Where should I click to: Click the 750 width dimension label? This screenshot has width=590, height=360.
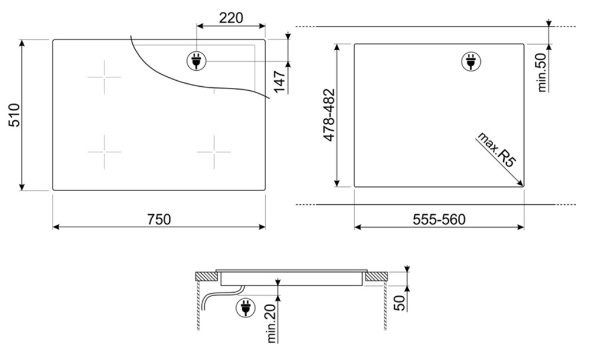[159, 219]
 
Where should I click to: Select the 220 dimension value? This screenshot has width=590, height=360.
[231, 18]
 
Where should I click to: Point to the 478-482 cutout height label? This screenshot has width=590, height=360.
[329, 114]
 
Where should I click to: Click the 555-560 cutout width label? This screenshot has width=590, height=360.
[438, 220]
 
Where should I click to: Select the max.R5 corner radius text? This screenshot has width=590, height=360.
[495, 152]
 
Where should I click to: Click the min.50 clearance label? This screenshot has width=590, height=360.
[543, 72]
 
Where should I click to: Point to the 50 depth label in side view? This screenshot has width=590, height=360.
[400, 300]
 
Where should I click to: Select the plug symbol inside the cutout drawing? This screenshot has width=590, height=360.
[470, 60]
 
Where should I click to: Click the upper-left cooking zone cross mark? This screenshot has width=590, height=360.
[104, 77]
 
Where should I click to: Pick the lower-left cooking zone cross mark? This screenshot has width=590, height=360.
[104, 152]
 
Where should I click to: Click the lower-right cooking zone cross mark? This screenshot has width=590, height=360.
[214, 152]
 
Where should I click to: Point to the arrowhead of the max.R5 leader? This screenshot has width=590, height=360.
[522, 185]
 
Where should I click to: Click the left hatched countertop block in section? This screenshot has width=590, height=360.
[206, 276]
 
